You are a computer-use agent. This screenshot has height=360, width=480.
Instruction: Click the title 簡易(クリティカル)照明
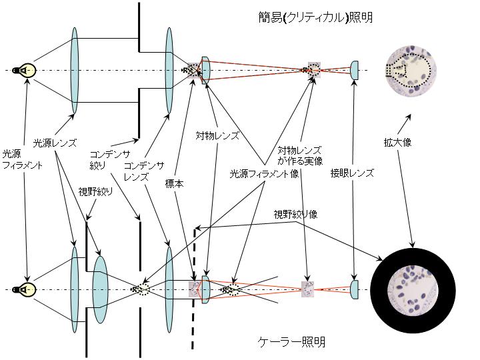click(x=315, y=17)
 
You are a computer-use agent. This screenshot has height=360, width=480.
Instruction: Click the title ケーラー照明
click(x=291, y=341)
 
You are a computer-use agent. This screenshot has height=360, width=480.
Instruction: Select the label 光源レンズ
click(x=55, y=143)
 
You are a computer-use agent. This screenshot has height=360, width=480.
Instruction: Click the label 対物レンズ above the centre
click(x=217, y=135)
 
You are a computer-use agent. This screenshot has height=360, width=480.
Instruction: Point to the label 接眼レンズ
click(x=353, y=173)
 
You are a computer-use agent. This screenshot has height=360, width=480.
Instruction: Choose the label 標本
click(x=174, y=184)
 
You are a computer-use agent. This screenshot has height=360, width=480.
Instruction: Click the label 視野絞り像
click(x=295, y=214)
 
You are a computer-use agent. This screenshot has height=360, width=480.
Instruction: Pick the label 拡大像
click(x=397, y=143)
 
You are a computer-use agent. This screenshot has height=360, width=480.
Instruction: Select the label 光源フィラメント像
click(x=264, y=174)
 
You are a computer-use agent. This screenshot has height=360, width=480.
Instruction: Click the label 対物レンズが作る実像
click(x=300, y=155)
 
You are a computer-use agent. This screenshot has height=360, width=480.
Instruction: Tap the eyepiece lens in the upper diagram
click(x=355, y=71)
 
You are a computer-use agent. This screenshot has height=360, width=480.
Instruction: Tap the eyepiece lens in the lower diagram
click(x=355, y=289)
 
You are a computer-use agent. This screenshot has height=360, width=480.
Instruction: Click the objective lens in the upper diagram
click(x=205, y=71)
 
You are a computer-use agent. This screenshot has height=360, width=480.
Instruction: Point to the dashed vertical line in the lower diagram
click(x=193, y=289)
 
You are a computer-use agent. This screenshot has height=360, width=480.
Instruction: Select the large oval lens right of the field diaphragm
click(x=101, y=289)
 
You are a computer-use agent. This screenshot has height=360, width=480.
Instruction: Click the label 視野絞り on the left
click(x=96, y=192)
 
